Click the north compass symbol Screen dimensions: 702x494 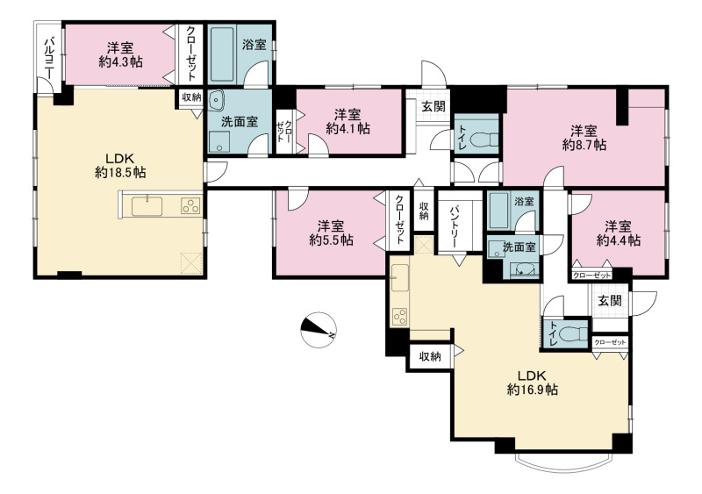coord(319,330)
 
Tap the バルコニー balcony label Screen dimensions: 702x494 coord(49,58)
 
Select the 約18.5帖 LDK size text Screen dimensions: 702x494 coord(120,172)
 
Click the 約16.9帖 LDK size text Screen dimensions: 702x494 coord(533,390)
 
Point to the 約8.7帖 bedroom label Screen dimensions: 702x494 coord(584,145)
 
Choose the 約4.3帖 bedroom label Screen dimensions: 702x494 coord(120,61)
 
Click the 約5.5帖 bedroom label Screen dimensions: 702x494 coord(332,240)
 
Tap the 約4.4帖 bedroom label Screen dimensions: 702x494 coord(619,240)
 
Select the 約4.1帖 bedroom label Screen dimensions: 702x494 coord(347,128)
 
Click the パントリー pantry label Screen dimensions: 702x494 coord(456,226)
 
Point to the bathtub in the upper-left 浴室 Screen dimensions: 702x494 coord(222,54)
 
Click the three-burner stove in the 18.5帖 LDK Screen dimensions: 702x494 coord(190,206)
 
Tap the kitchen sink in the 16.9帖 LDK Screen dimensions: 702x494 coord(400,277)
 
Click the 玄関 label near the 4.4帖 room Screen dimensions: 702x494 coord(610,300)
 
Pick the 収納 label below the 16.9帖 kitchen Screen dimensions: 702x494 coord(430,356)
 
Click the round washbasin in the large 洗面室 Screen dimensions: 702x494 coord(217,99)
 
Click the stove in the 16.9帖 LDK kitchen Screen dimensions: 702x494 coord(400,316)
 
